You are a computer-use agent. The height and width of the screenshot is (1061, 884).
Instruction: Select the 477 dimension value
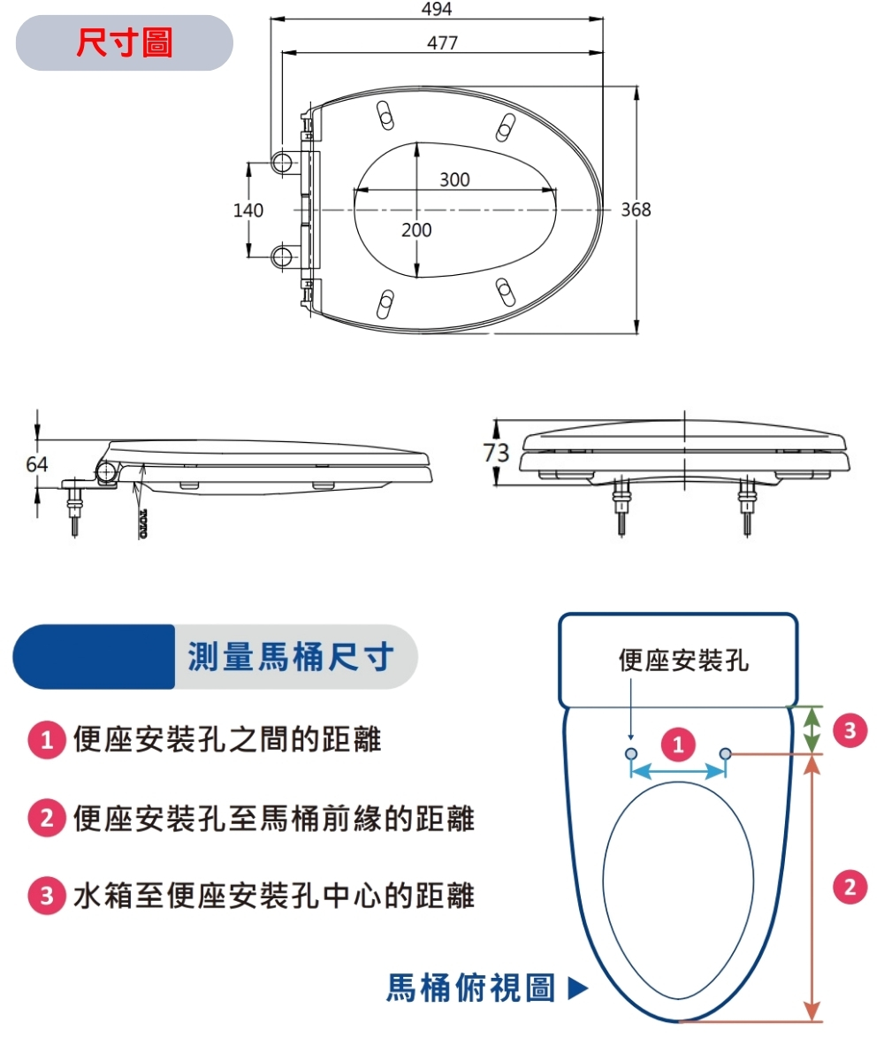point(442,42)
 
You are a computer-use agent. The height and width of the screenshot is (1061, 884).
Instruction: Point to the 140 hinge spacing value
point(248,210)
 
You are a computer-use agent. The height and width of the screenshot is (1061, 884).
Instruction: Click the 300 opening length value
point(454,179)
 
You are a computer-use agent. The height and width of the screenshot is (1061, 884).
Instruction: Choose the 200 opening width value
point(416,230)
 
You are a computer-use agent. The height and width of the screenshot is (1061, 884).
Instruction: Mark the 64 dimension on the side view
point(37,463)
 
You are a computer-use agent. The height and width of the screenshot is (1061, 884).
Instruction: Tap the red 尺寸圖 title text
point(125,42)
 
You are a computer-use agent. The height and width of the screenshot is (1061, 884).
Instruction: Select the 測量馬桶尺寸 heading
point(291,657)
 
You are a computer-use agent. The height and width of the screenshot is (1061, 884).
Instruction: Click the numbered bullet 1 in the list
point(45,740)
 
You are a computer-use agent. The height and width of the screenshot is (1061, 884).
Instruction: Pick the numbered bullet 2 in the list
point(45,820)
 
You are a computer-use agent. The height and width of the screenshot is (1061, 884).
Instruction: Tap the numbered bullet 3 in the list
point(45,897)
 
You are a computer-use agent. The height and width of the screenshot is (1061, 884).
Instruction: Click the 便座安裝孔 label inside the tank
point(683,660)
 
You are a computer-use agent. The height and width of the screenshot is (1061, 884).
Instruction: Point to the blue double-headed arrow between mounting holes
point(678,771)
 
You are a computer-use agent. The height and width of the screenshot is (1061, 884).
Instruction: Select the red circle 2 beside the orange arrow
point(850,886)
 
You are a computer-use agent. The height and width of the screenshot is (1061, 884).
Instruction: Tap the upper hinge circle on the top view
point(283,161)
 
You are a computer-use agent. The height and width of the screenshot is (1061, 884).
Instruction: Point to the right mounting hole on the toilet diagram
point(726,753)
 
